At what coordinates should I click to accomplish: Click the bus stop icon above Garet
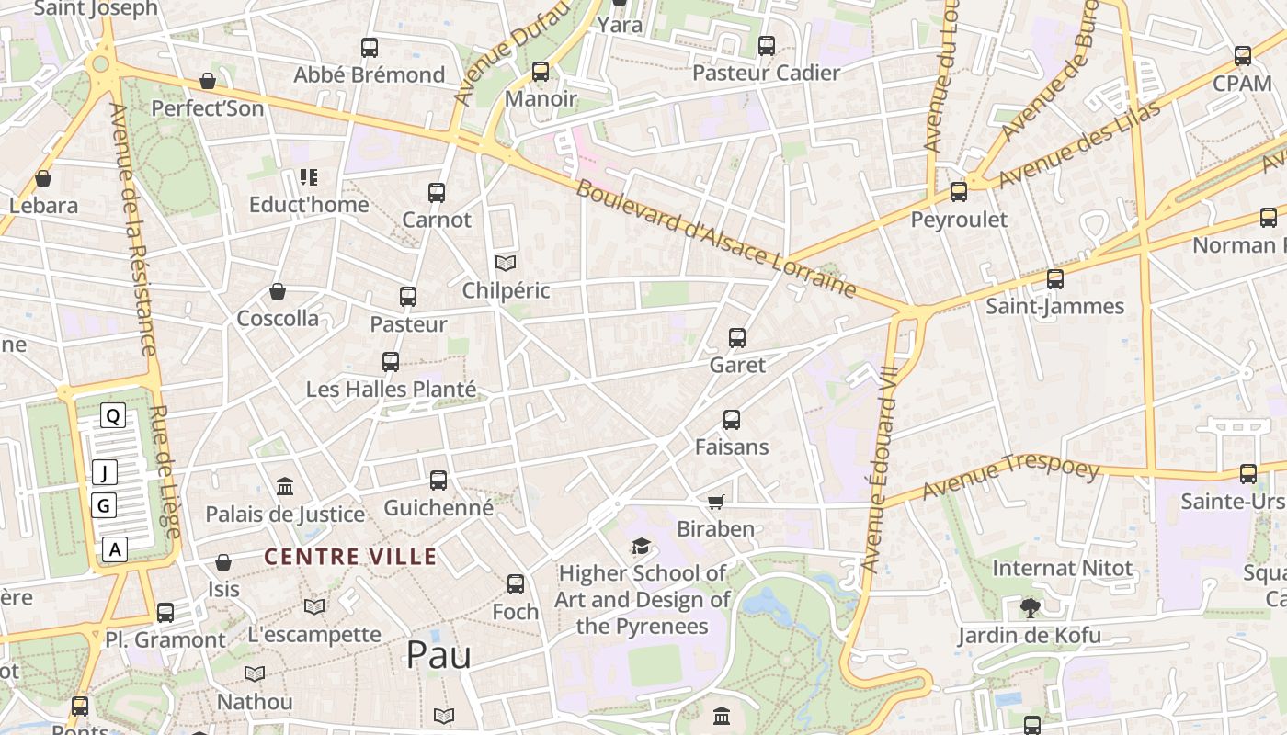click(736, 337)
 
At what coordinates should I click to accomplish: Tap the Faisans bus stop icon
click(731, 420)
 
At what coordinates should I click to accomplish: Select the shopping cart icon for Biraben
click(716, 502)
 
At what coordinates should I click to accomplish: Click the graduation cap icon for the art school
click(641, 547)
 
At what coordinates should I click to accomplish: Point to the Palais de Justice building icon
click(285, 486)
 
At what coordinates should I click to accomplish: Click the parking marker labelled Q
click(113, 415)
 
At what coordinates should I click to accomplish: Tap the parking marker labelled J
click(105, 473)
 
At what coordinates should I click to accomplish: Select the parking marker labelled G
click(104, 504)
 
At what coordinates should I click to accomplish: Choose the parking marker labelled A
click(114, 549)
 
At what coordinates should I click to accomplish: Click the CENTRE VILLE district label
click(350, 557)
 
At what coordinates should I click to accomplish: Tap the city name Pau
click(438, 655)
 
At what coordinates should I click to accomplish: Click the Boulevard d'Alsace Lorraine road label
click(716, 240)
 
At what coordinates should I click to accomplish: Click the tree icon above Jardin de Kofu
click(1030, 607)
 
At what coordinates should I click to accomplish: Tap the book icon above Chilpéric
click(505, 264)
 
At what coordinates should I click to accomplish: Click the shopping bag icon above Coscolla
click(278, 292)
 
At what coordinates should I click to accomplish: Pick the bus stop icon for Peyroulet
click(959, 192)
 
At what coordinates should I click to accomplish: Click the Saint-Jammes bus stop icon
click(1054, 278)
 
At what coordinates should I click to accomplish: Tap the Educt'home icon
click(308, 177)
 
